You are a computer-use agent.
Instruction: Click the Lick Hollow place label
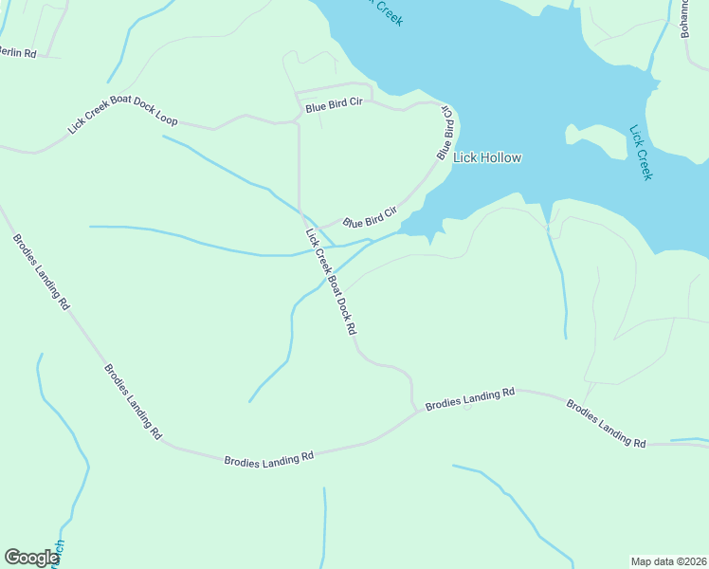(x=487, y=158)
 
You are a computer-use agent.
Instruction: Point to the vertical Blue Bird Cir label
(x=445, y=133)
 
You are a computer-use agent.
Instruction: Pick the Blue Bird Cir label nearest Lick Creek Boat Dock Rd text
(x=369, y=221)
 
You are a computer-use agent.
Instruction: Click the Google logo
(x=31, y=559)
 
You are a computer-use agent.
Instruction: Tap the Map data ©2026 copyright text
(x=668, y=561)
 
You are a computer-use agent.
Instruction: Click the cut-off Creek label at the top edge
(x=383, y=11)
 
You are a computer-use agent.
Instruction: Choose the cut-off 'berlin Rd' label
(x=16, y=53)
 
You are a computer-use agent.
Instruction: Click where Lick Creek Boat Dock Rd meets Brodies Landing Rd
(x=414, y=412)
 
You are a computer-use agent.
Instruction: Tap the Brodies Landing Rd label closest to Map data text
(x=606, y=424)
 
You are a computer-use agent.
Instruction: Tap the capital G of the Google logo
(x=12, y=558)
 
